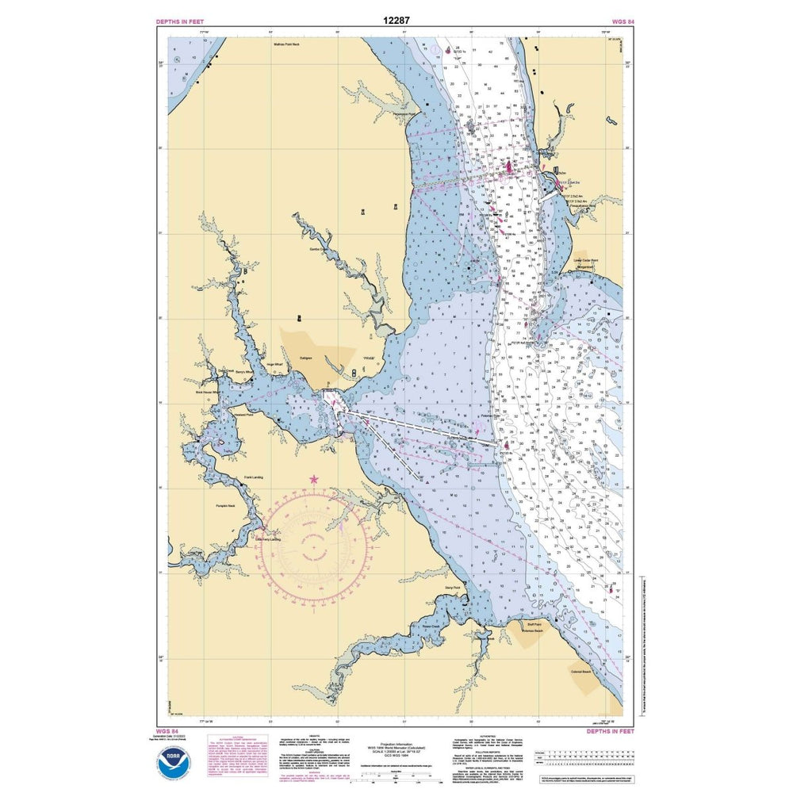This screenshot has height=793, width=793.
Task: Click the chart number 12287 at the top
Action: [x=396, y=19]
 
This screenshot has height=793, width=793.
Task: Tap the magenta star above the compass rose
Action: [x=314, y=479]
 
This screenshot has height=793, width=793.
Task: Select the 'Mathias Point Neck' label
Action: [x=285, y=45]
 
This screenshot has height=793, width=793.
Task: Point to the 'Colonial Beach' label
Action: [x=580, y=671]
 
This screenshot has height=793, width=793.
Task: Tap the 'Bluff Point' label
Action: [x=529, y=623]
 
